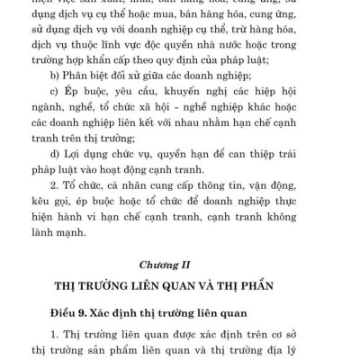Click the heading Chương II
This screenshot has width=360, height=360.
180,265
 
